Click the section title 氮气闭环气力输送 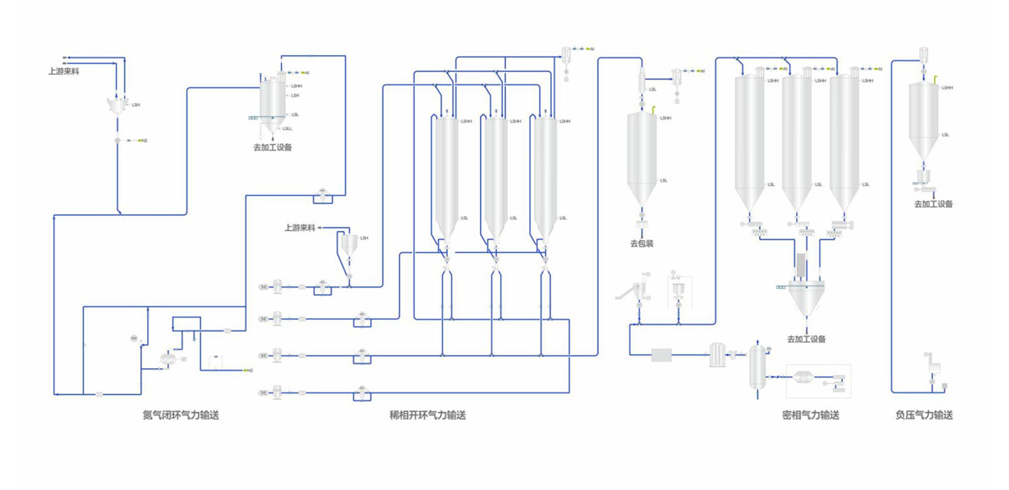click(181, 415)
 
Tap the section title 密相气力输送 click(810, 415)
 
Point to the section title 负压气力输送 click(924, 415)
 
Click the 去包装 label click(642, 244)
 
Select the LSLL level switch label click(287, 129)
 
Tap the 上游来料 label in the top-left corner click(63, 71)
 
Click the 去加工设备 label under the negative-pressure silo click(933, 204)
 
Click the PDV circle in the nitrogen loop click(135, 339)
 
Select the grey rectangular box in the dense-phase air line click(661, 355)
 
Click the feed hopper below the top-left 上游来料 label click(118, 105)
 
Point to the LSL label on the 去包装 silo click(664, 181)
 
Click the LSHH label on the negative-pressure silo click(947, 88)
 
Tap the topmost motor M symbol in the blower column click(263, 286)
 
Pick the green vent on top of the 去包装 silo click(654, 108)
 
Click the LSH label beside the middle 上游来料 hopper click(364, 238)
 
